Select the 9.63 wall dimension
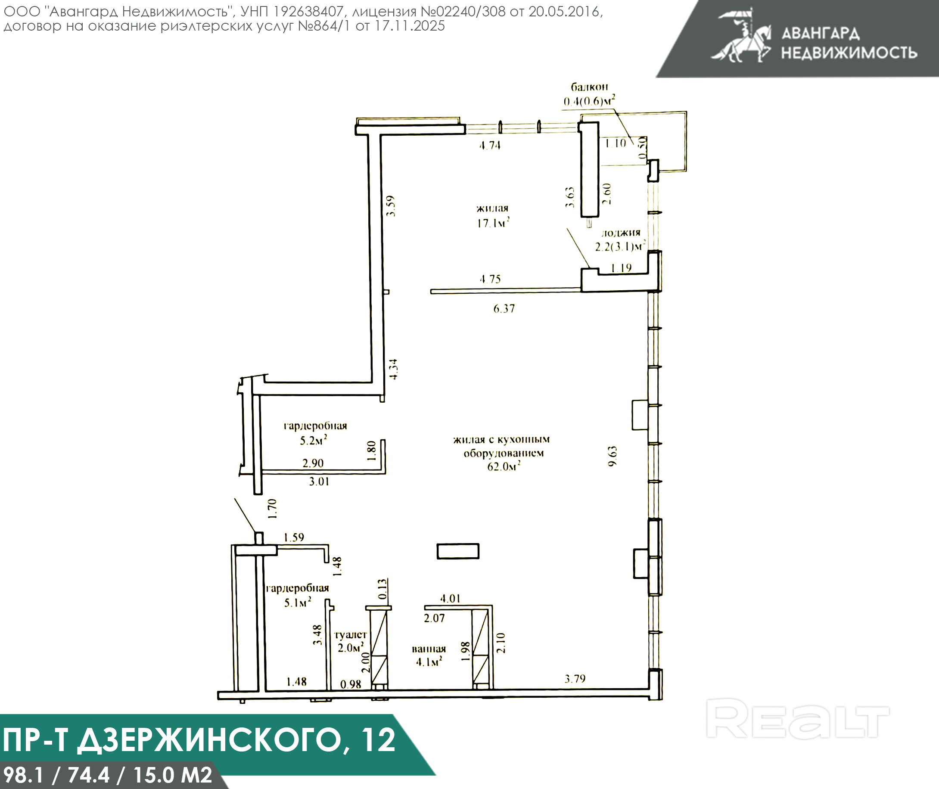tap(612, 456)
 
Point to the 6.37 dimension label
tap(504, 309)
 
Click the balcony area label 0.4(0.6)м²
tap(589, 101)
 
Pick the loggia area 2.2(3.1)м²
tap(620, 246)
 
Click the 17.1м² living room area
tap(493, 222)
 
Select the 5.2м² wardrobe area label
tap(313, 441)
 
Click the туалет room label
tap(350, 635)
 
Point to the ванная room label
tap(429, 649)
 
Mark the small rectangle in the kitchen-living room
tap(457, 551)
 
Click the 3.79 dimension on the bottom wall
tap(575, 679)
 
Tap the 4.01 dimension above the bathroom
tap(450, 599)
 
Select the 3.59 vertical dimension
tap(391, 206)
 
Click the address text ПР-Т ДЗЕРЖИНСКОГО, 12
tap(199, 739)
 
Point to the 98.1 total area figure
tap(23, 775)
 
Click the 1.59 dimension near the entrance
tap(294, 537)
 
